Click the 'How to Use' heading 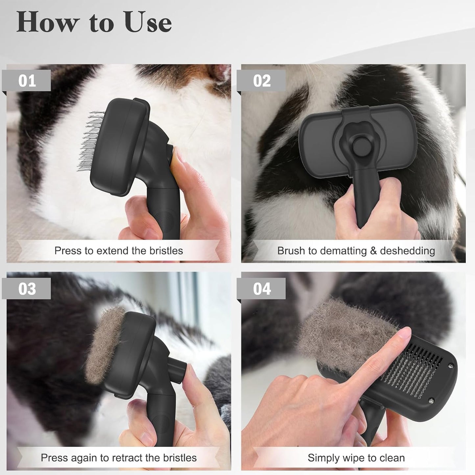94,22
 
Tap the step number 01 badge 27,81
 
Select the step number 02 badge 262,81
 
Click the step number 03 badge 27,289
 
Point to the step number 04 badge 262,289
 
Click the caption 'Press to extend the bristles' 118,251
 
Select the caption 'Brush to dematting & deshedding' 356,251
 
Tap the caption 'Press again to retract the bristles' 118,458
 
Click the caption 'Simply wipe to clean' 356,458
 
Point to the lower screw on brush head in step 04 431,400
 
